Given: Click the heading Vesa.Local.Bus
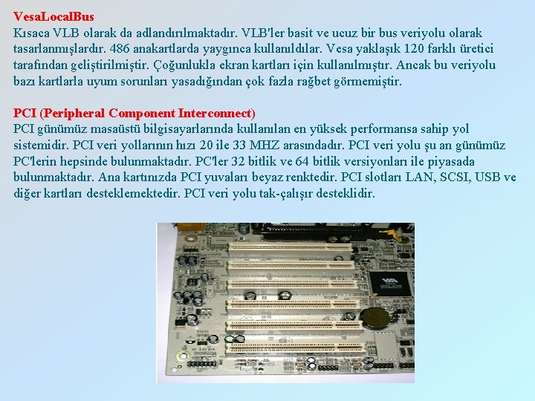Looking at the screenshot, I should coord(53,16).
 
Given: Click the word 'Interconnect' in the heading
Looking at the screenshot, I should coord(215,114).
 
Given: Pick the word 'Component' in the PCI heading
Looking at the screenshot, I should coord(142,114).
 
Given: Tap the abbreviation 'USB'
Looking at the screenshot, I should coord(487,177).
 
